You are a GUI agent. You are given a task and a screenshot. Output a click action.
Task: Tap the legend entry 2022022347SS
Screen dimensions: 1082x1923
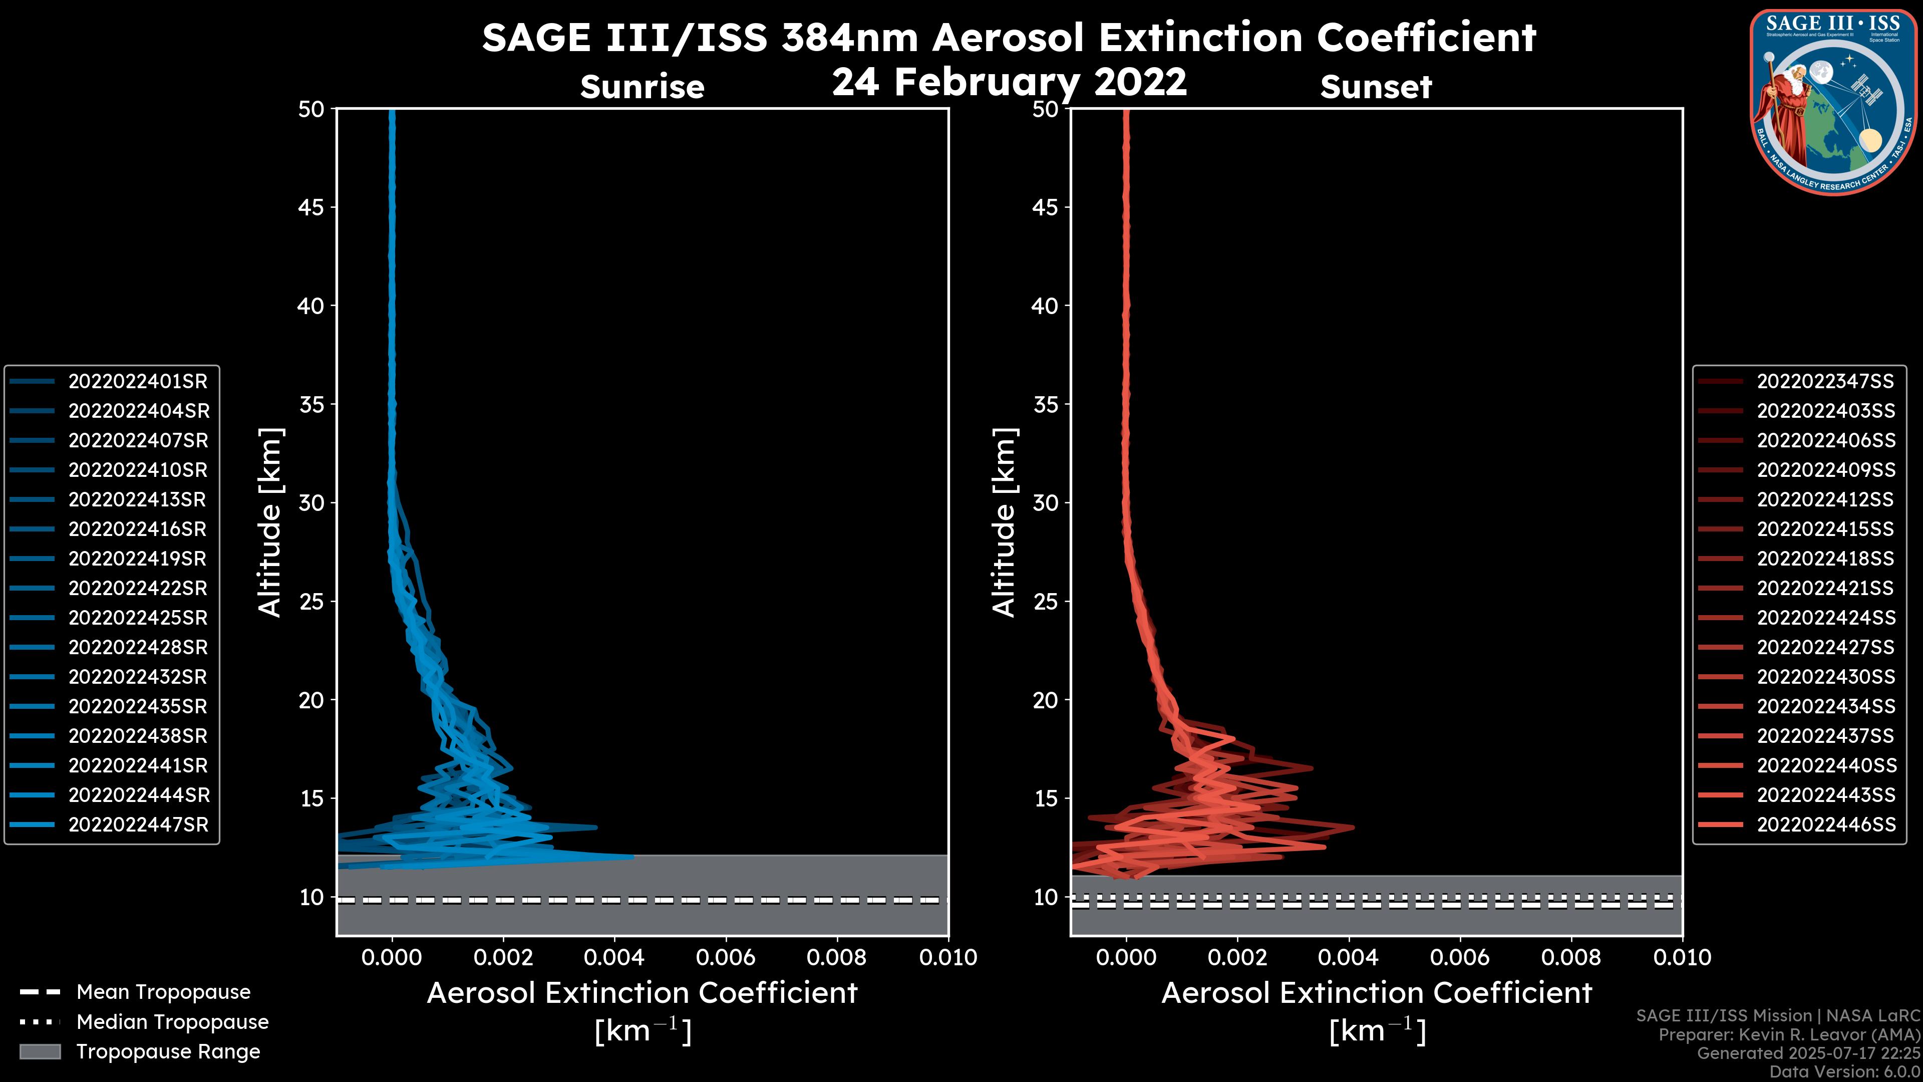pyautogui.click(x=1824, y=382)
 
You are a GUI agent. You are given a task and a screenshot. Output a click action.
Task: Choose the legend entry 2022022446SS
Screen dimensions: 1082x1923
pyautogui.click(x=1824, y=825)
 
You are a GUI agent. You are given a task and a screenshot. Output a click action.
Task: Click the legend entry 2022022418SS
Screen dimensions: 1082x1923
pyautogui.click(x=1824, y=559)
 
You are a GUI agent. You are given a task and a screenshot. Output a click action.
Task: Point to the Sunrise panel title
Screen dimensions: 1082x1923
pyautogui.click(x=642, y=87)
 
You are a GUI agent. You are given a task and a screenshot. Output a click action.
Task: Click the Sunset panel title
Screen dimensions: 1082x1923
pyautogui.click(x=1376, y=87)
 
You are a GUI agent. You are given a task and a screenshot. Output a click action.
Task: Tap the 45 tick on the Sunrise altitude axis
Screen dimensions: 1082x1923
pyautogui.click(x=311, y=207)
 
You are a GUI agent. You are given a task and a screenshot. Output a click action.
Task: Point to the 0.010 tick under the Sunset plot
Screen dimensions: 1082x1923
pyautogui.click(x=1682, y=957)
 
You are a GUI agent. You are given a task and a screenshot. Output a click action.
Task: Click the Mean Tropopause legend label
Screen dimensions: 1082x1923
pyautogui.click(x=163, y=992)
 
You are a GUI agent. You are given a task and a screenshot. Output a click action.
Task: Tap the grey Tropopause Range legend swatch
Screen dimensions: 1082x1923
pyautogui.click(x=40, y=1051)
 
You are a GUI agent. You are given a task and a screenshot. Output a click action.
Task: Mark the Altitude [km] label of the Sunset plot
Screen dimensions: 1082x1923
pyautogui.click(x=1004, y=522)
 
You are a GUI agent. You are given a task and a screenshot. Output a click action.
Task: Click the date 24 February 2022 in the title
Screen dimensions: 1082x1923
pyautogui.click(x=1009, y=81)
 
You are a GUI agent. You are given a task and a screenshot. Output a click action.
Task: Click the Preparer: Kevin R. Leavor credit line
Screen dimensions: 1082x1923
pyautogui.click(x=1789, y=1035)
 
